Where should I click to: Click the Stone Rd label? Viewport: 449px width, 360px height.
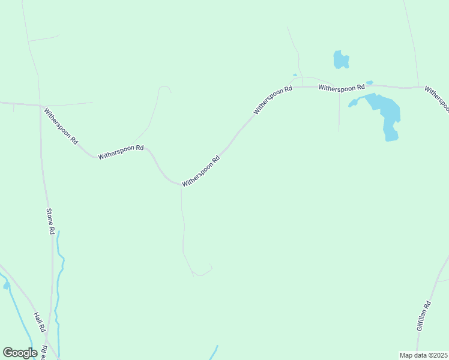tap(51, 221)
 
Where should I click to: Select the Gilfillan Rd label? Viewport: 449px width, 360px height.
tap(424, 317)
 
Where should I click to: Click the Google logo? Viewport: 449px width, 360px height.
tap(20, 353)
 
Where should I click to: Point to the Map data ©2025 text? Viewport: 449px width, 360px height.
tap(423, 355)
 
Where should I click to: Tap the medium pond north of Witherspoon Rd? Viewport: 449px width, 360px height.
tap(340, 59)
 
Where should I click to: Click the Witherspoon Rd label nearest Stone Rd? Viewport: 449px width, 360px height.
tap(61, 125)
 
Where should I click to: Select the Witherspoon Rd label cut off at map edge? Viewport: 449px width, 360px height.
tap(437, 98)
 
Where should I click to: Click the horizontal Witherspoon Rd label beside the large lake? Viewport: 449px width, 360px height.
tap(342, 88)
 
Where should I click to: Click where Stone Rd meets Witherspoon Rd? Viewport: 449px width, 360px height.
tap(40, 106)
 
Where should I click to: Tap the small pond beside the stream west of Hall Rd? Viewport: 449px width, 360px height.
tap(6, 286)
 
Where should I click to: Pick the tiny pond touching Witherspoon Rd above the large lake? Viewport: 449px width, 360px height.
tap(369, 83)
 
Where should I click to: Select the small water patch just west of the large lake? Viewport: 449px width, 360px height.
tap(353, 103)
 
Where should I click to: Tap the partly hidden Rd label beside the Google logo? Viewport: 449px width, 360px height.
tap(44, 353)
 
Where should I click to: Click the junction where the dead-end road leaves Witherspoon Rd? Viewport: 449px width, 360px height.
tap(181, 185)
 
